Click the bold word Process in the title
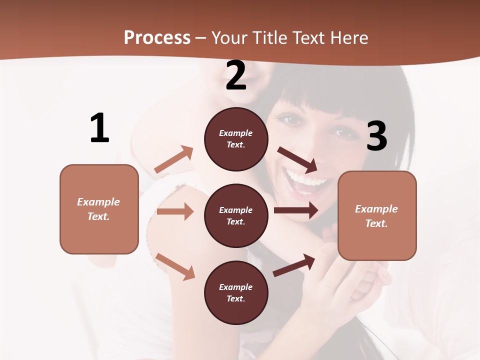point(157,37)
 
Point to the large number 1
point(99,128)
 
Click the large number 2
point(236,75)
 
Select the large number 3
point(376,136)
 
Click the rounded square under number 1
point(99,209)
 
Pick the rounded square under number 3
point(377,215)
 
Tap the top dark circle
point(236,139)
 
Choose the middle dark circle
point(236,216)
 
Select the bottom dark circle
point(236,293)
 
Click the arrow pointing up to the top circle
point(174,159)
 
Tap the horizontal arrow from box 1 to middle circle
point(175,211)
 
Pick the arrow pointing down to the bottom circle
point(175,266)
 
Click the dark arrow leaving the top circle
point(298,159)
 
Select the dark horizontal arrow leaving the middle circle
point(296,210)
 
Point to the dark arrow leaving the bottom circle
point(294,265)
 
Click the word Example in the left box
point(98,202)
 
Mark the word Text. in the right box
point(376,223)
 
